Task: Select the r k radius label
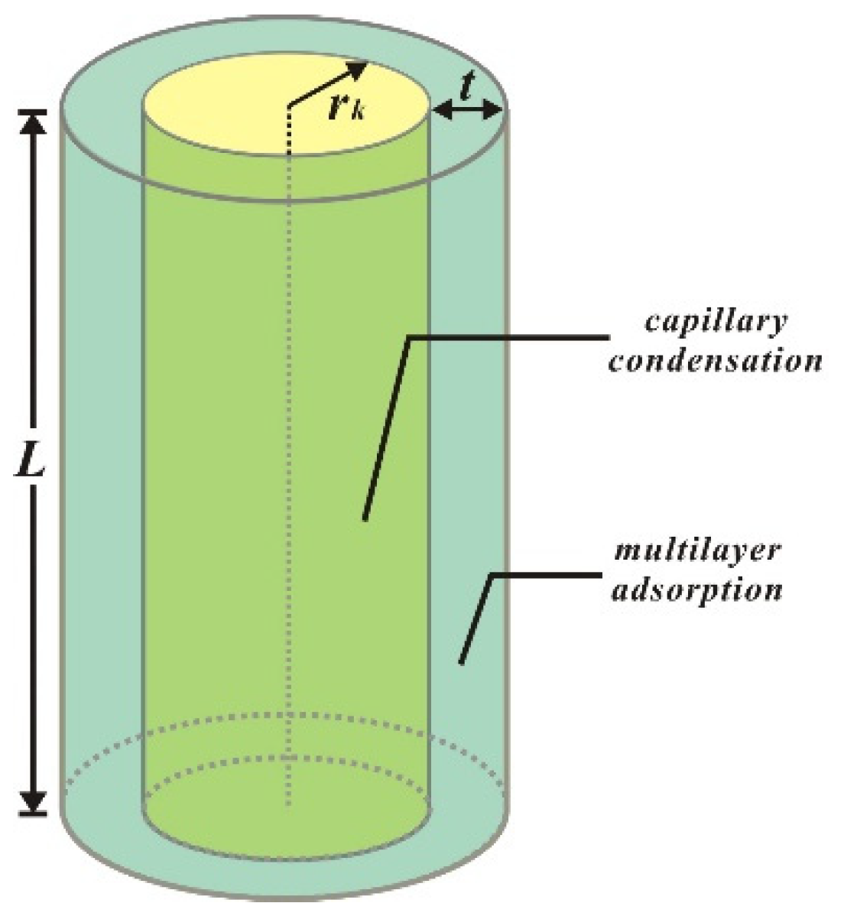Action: click(351, 109)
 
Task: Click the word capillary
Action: click(716, 322)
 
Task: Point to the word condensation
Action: click(715, 360)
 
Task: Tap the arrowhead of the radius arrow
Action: click(358, 69)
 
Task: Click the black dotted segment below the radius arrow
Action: click(288, 130)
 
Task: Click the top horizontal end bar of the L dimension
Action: click(31, 112)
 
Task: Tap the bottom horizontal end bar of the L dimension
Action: click(31, 814)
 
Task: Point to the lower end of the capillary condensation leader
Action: click(365, 518)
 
